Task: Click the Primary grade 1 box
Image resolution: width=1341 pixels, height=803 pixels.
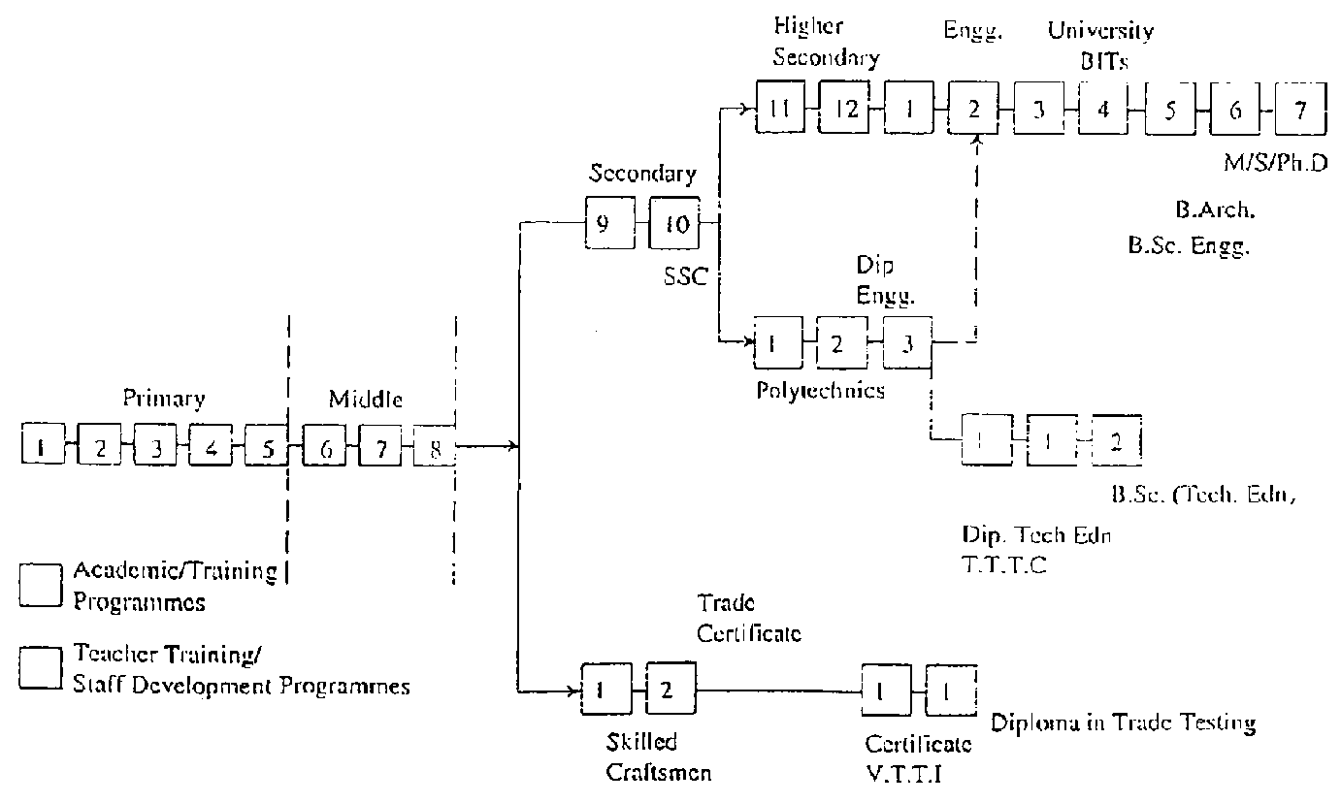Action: point(41,448)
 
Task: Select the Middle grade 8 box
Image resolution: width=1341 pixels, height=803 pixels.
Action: point(435,448)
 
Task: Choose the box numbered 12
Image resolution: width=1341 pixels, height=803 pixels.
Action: point(846,109)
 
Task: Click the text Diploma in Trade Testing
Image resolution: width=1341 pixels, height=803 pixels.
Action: point(1124,723)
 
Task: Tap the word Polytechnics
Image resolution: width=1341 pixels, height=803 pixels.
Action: point(820,391)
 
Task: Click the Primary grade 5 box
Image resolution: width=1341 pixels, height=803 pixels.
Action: point(265,448)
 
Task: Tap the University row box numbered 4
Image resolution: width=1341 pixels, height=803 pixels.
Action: point(1103,109)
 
